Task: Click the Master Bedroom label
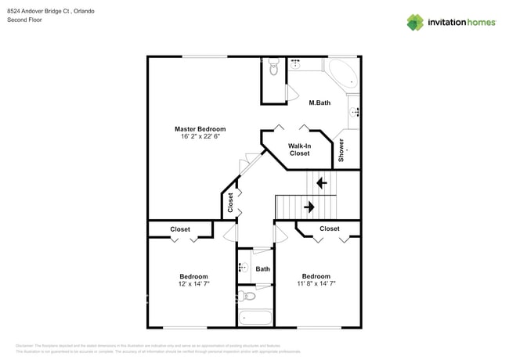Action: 200,128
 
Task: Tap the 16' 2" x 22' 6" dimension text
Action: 200,136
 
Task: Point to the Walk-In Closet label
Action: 299,149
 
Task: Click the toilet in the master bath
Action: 273,69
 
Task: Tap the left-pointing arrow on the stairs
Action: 320,183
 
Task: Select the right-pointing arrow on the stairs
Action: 309,207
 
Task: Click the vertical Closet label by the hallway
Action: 230,203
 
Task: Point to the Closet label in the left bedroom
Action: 180,229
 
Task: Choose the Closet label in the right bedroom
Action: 330,229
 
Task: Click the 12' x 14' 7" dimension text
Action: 193,283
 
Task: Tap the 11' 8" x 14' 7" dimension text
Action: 316,283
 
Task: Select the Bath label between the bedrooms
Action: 262,269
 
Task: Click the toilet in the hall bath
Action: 248,296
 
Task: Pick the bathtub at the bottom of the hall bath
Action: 254,318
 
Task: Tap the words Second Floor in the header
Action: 25,20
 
